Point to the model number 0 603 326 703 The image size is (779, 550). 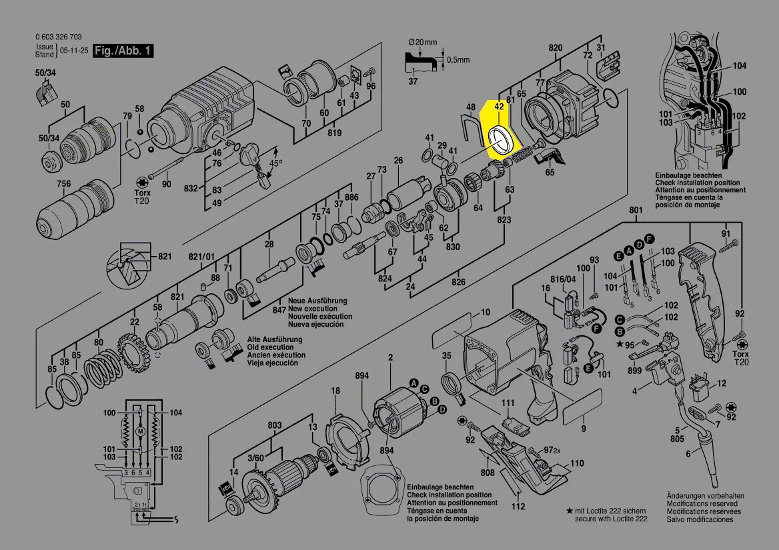click(58, 37)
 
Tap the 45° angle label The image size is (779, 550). click(275, 163)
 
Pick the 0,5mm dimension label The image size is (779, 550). click(458, 60)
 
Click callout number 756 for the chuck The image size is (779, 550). click(63, 184)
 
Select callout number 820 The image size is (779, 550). click(556, 47)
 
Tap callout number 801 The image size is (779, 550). click(636, 211)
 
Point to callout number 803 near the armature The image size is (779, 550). click(274, 425)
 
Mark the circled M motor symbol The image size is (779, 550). click(140, 431)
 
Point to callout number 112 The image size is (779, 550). click(518, 506)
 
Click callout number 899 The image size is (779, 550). click(634, 371)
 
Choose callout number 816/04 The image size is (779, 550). click(561, 279)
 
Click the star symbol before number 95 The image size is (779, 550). click(620, 344)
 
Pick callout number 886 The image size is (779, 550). click(352, 197)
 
